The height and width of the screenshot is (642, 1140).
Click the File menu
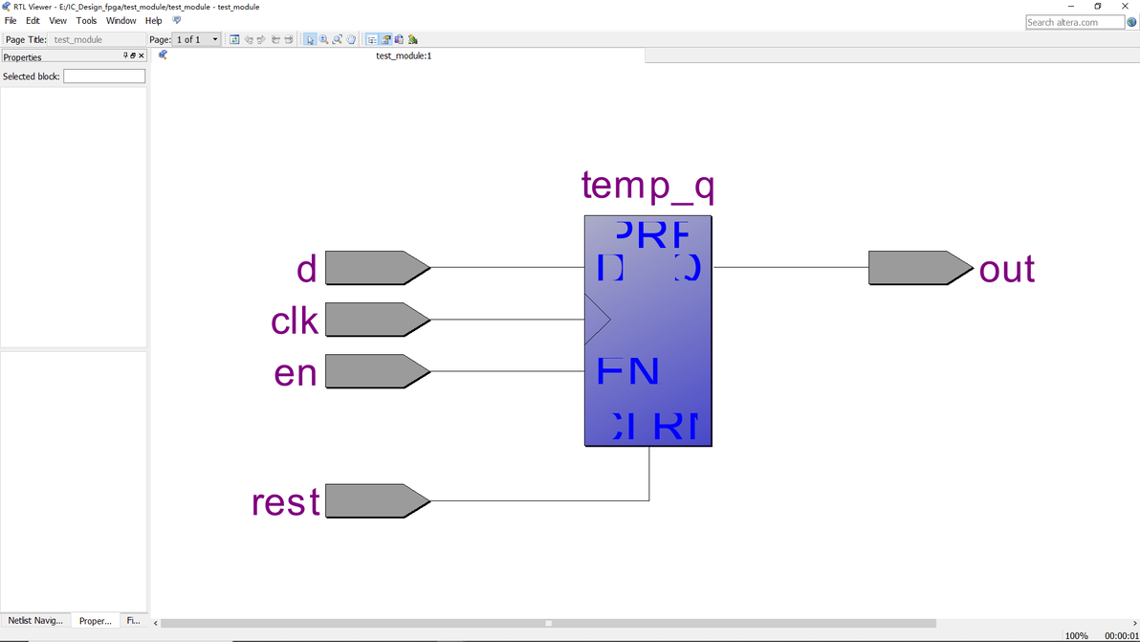pos(11,20)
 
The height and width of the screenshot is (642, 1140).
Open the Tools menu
pos(86,20)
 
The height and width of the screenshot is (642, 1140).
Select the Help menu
pos(153,20)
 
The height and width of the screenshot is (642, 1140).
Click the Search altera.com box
pos(1074,22)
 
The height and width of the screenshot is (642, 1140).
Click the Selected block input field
pos(104,77)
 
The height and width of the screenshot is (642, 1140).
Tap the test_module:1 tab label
pos(404,55)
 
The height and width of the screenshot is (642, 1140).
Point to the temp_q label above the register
pos(647,186)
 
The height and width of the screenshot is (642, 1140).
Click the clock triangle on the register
pos(596,320)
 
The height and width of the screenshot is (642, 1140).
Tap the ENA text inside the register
pos(628,371)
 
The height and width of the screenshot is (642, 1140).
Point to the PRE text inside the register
pos(651,233)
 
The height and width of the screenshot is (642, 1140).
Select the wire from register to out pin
pos(790,268)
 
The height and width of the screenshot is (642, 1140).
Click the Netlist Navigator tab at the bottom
pos(35,621)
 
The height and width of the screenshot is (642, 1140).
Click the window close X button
pos(1125,7)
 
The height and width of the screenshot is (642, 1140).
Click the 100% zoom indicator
pos(1076,635)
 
